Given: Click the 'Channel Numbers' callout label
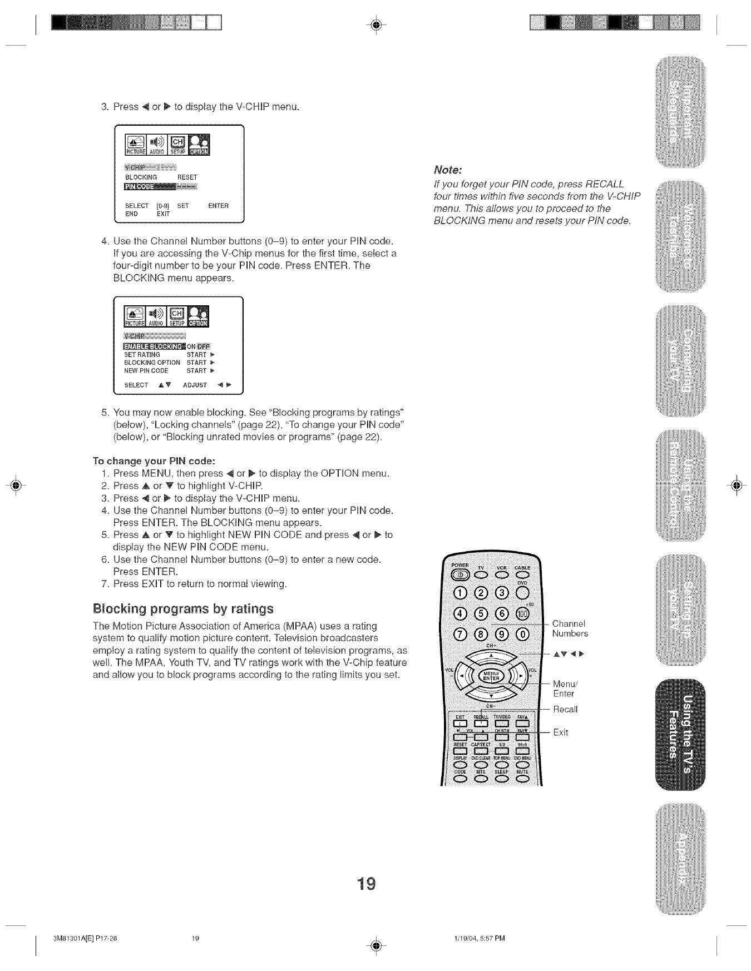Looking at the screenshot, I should click(x=570, y=628).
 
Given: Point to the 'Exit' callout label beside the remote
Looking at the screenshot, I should click(x=561, y=732).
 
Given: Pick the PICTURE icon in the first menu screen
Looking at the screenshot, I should click(x=134, y=145).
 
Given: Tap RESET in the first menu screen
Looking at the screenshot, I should click(x=187, y=177).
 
